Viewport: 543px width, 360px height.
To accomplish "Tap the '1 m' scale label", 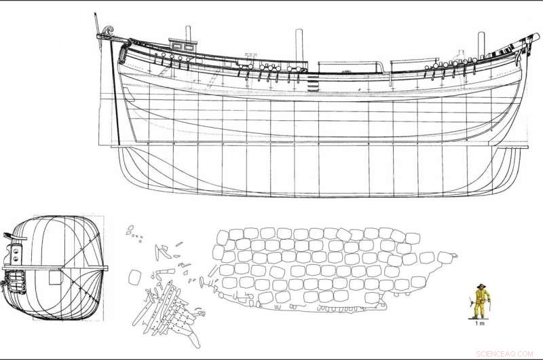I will tap(479, 324).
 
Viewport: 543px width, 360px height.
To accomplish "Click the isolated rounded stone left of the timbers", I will tap(134, 276).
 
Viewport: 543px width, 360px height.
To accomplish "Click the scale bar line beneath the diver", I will tap(479, 319).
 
